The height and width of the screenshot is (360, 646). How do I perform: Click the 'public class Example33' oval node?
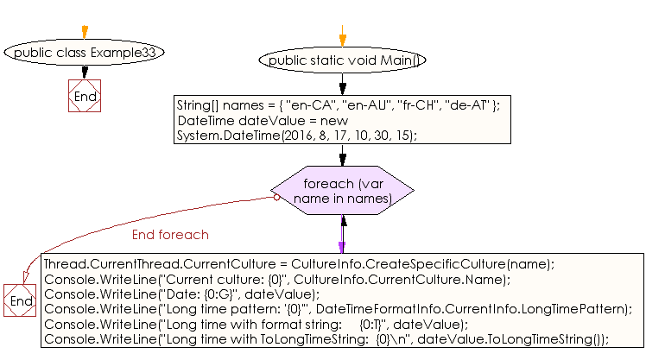pos(84,53)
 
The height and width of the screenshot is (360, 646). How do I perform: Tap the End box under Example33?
pos(85,97)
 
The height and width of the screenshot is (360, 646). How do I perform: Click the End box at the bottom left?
pos(20,300)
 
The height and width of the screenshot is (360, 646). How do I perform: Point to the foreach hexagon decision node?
pos(342,191)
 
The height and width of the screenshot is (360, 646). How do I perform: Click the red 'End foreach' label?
pos(170,235)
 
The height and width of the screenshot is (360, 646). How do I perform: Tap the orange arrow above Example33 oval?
pos(84,32)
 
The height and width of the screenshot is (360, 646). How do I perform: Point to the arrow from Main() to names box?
pos(342,84)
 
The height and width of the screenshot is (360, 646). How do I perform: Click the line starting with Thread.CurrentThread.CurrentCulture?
pos(299,264)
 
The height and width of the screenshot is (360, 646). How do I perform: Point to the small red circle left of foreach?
pos(276,197)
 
